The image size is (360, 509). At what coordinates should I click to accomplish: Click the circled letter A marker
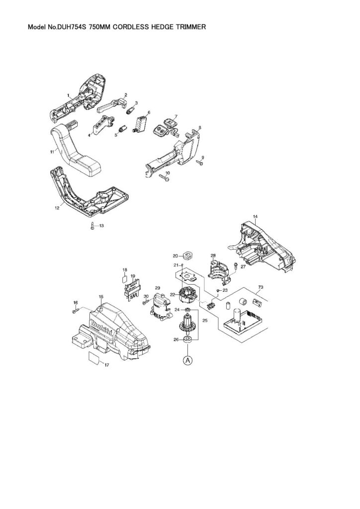(x=187, y=360)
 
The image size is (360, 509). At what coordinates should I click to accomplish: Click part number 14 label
(x=255, y=217)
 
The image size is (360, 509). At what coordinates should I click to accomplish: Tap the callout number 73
(x=260, y=287)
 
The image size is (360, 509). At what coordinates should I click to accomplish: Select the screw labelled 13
(x=93, y=227)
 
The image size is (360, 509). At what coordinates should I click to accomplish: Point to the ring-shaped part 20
(x=188, y=256)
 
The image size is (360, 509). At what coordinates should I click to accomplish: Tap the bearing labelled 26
(x=187, y=340)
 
